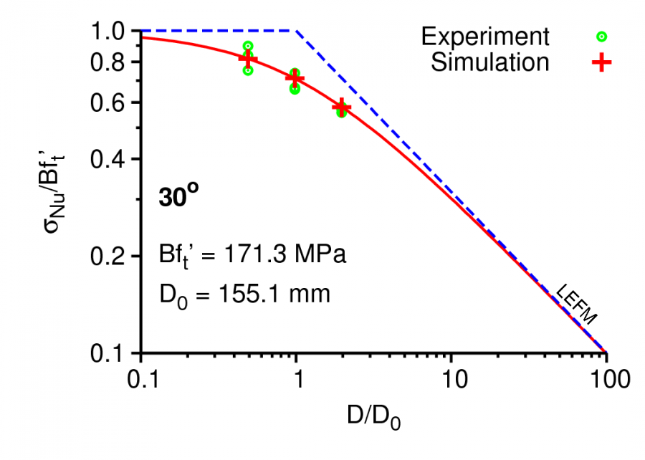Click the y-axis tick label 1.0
coord(110,32)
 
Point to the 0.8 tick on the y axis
coord(110,62)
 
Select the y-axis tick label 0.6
coord(110,102)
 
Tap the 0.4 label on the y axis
coord(110,159)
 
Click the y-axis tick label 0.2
coord(110,256)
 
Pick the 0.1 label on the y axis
coord(110,353)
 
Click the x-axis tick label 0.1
coord(141,378)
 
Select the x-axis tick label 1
coord(296,378)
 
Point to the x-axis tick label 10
coord(451,378)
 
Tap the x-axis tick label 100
coord(606,378)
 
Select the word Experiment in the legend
coord(485,36)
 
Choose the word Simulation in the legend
coord(489,62)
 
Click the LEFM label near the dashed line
coord(578,306)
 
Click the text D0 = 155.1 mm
coord(244,293)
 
